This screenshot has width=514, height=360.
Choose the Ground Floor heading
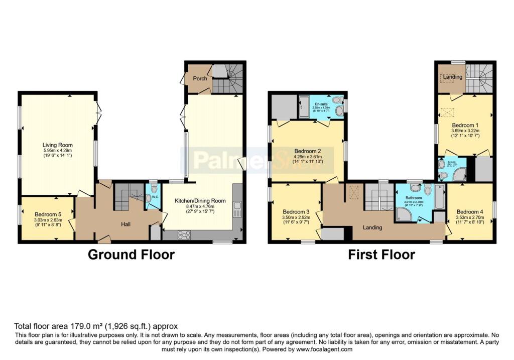[x=131, y=255]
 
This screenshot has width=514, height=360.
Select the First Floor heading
[x=381, y=255]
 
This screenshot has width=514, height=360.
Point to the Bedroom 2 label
[x=307, y=151]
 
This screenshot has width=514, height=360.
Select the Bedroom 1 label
[x=465, y=125]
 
